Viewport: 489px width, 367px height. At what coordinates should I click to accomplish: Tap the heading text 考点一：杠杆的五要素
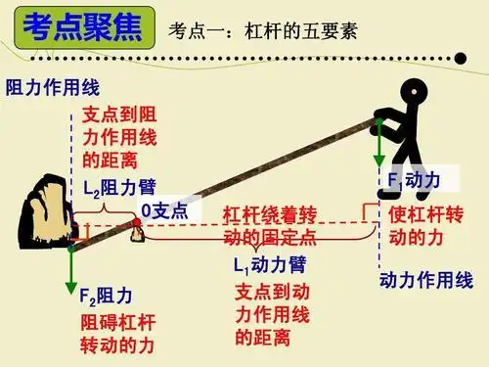click(x=263, y=29)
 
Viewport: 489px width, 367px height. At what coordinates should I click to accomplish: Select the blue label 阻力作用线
click(x=45, y=86)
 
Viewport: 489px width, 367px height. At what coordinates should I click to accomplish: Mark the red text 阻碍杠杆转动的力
click(x=118, y=333)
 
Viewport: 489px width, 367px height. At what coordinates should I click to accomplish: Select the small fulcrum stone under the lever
click(x=138, y=229)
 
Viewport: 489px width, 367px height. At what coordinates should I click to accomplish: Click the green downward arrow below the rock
click(x=71, y=270)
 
